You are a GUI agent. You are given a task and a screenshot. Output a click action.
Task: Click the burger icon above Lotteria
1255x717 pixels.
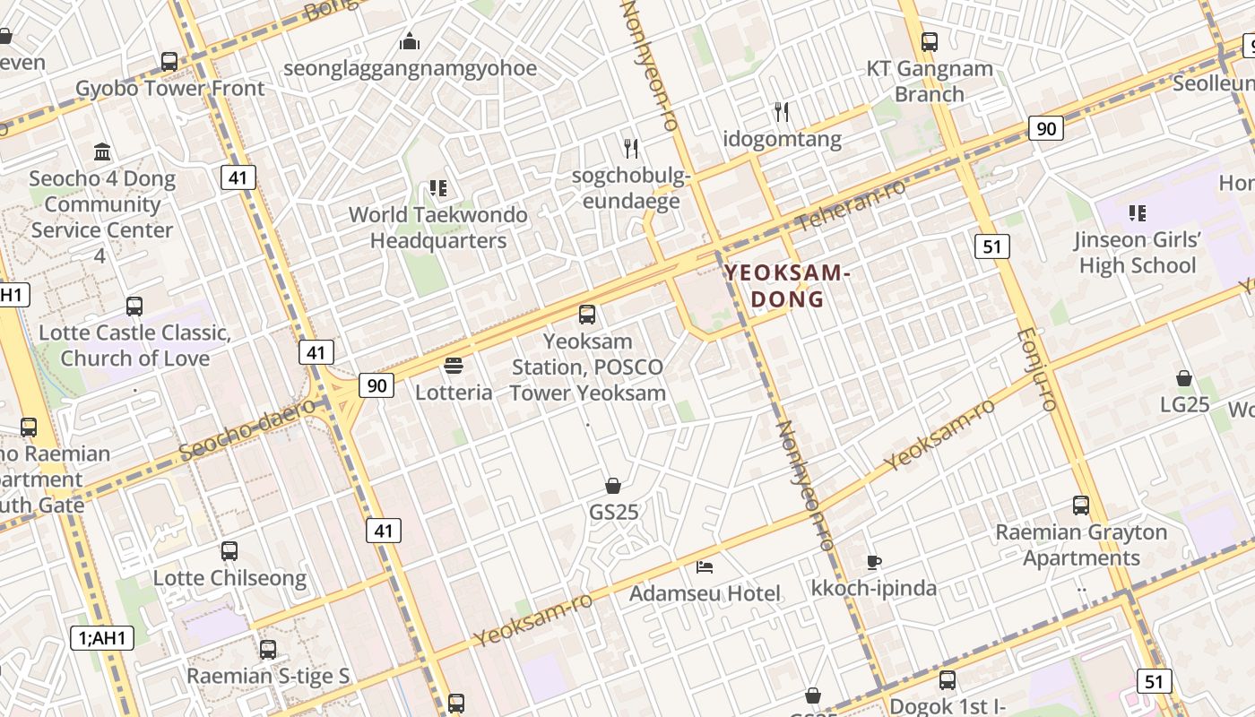point(454,366)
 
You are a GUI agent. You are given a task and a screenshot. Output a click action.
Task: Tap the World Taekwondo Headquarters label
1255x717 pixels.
point(438,228)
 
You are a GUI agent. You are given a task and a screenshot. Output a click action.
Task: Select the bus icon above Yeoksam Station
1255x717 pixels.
point(587,314)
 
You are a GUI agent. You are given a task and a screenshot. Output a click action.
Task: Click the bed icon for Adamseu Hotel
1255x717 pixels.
point(705,566)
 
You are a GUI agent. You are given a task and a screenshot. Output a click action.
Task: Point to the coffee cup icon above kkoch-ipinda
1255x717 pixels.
point(873,562)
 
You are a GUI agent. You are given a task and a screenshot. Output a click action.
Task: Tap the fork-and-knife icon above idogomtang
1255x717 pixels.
point(782,112)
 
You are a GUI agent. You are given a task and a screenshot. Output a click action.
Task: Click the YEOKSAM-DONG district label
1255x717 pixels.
point(787,285)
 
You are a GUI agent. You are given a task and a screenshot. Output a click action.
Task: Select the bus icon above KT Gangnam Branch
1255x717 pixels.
point(930,41)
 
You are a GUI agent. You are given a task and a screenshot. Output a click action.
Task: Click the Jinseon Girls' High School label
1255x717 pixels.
point(1138,253)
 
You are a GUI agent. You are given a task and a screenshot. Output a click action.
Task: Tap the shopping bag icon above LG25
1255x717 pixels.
point(1184,378)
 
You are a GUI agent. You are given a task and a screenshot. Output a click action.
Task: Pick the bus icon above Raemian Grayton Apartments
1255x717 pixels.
point(1081,505)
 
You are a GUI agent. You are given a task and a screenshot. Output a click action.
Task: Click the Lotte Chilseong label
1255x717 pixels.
point(229,578)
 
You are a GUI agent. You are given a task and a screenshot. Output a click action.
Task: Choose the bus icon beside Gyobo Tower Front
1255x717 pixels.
point(169,62)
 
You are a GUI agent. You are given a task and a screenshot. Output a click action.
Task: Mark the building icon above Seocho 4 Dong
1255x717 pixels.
point(102,151)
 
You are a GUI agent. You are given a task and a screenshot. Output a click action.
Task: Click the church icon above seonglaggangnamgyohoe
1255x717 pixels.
point(410,41)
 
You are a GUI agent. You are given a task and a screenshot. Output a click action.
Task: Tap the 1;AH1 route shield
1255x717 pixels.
point(102,638)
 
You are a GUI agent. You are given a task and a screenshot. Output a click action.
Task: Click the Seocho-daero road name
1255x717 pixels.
point(247,429)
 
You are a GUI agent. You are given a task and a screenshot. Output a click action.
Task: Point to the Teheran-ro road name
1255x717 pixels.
point(851,204)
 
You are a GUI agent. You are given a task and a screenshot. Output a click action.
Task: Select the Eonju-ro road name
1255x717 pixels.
point(1038,369)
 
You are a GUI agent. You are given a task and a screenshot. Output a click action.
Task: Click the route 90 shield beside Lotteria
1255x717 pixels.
point(377,385)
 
